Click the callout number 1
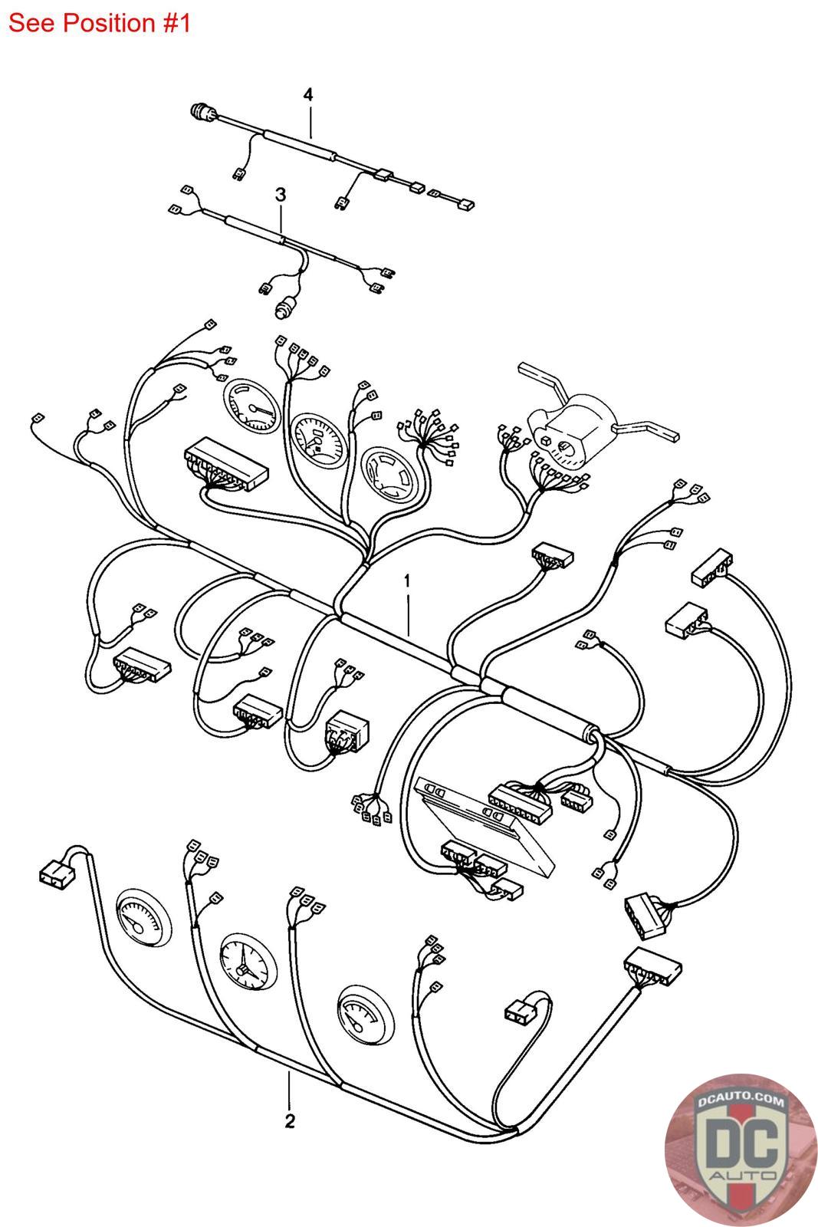pos(407,580)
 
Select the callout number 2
pos(290,1120)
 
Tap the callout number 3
pos(281,195)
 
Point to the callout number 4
pos(308,95)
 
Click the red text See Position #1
pos(99,23)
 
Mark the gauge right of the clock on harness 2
pos(366,1017)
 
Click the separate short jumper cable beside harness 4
pos(452,200)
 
